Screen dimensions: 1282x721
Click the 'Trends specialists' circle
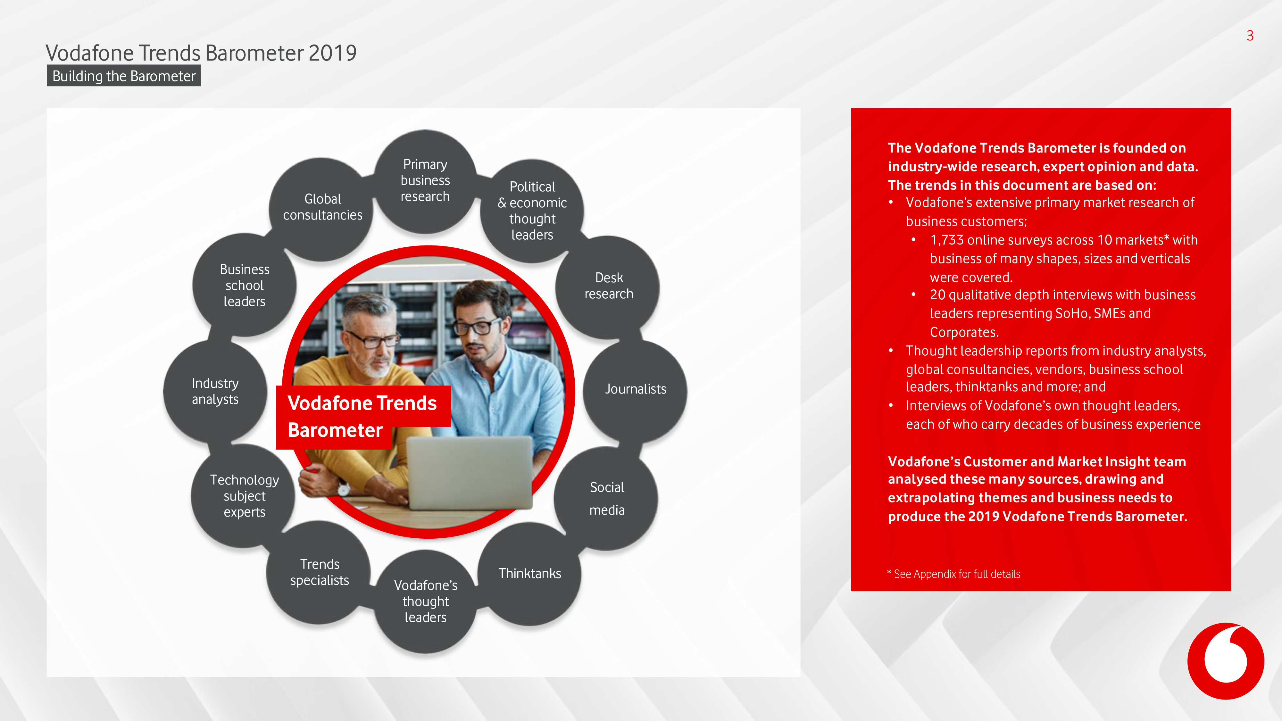[319, 572]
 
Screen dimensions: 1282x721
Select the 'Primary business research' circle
[425, 181]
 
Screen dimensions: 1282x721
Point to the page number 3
[1250, 35]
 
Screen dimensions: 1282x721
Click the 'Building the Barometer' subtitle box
[124, 76]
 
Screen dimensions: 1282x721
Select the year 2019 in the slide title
[332, 53]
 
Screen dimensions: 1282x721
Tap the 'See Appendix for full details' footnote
[953, 574]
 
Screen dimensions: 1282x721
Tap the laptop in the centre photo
[469, 473]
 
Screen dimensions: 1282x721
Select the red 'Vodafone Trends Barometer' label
[363, 417]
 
